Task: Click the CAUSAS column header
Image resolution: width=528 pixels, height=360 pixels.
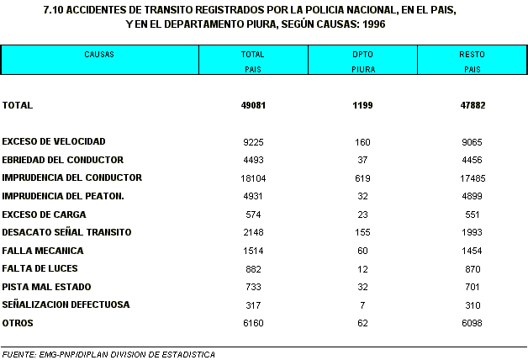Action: (98, 54)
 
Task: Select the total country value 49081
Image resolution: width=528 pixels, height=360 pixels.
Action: (252, 105)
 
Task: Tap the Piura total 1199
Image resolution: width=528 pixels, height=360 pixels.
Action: (362, 105)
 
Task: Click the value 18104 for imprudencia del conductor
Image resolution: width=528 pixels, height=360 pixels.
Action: (252, 178)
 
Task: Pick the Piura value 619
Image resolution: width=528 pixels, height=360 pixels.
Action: (362, 178)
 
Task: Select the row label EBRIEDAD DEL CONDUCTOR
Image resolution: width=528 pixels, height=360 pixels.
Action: (63, 160)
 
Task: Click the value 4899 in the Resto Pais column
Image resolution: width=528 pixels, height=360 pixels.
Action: (472, 196)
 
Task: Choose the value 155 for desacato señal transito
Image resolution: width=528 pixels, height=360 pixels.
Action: (362, 232)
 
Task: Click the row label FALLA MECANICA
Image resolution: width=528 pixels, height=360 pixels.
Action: (43, 251)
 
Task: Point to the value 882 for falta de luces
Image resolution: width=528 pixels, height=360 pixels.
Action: (252, 268)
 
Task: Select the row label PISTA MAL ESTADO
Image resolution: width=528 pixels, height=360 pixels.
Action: (48, 287)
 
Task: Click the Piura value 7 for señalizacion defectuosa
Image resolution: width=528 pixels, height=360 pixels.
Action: (362, 304)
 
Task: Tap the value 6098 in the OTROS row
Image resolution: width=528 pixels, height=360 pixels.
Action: (472, 323)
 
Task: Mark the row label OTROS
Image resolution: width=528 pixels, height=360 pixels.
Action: (18, 323)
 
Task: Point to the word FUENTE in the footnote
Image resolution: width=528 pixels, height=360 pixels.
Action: (18, 354)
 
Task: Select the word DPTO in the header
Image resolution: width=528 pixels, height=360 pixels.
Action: (362, 54)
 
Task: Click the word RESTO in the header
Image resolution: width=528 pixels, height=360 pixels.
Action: (472, 54)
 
